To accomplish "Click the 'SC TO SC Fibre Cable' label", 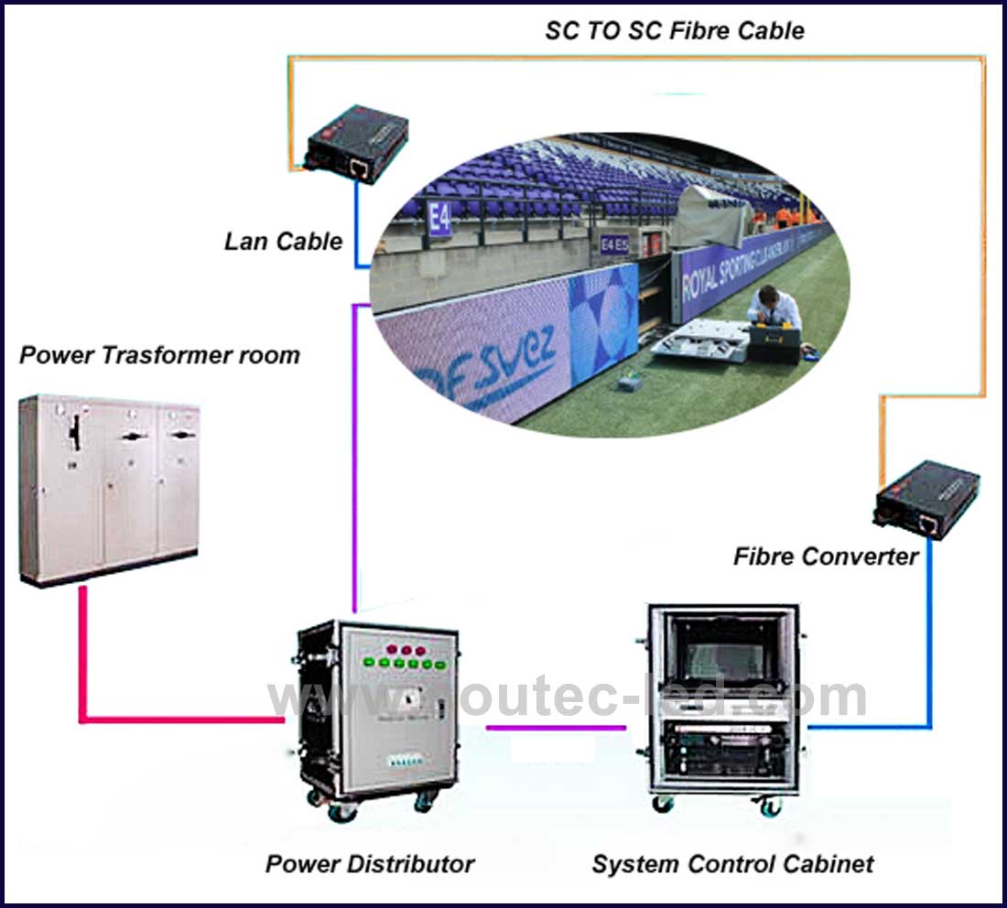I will tap(675, 30).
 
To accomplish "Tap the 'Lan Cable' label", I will tap(284, 242).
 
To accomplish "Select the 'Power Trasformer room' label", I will tap(159, 355).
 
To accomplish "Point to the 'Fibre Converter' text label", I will tap(825, 557).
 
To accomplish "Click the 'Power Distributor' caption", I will tap(370, 863).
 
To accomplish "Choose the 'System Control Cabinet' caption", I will tap(732, 863).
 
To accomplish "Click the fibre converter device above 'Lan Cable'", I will tap(356, 143).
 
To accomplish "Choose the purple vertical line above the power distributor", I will tap(354, 458).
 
